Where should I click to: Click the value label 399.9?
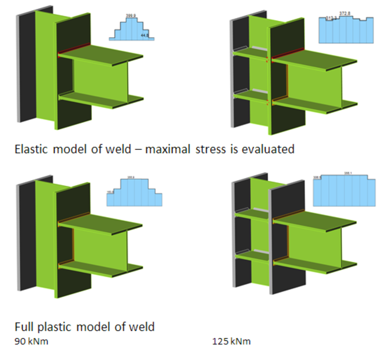pos(131,16)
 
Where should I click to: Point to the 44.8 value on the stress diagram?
pos(144,36)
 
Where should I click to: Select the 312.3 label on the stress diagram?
pos(331,17)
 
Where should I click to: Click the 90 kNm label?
pos(31,342)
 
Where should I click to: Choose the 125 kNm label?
pos(231,342)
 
